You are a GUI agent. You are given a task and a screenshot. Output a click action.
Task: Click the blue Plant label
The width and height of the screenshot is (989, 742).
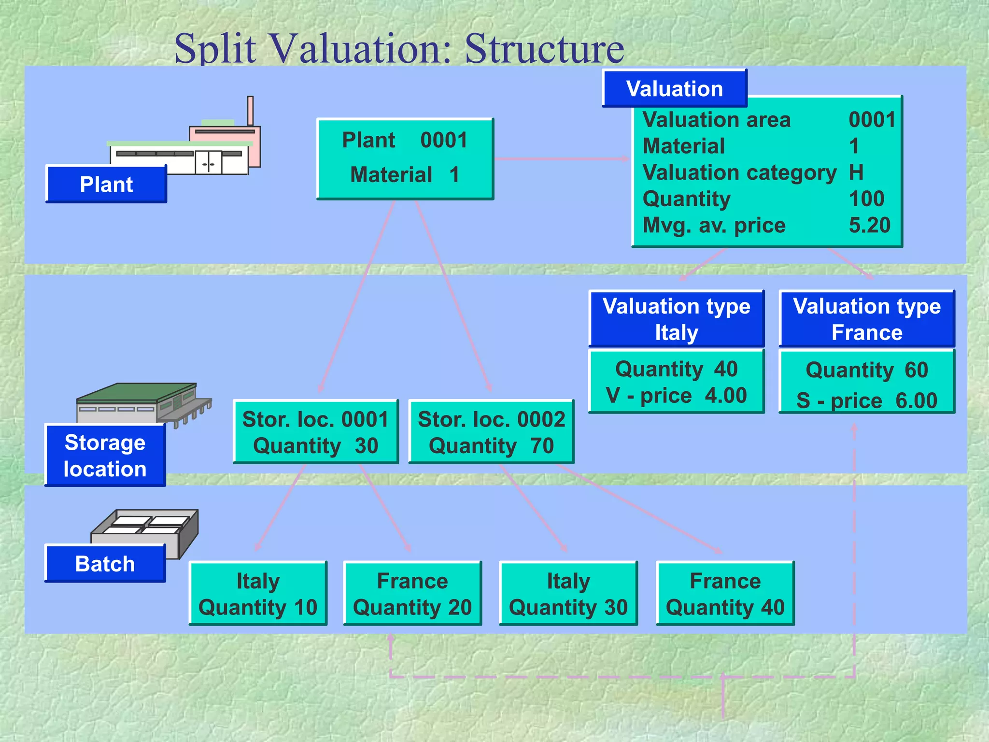(106, 185)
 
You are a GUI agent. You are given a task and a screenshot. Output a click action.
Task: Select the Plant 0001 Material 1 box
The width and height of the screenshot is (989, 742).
(405, 158)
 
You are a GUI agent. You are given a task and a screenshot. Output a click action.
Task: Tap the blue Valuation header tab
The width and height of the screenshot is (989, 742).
(674, 89)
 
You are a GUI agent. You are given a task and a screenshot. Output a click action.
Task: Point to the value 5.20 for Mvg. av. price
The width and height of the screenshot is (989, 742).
(869, 225)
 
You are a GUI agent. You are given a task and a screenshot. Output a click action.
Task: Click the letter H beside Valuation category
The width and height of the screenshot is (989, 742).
(856, 172)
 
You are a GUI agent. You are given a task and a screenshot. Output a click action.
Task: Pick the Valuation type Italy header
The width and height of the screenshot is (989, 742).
(676, 319)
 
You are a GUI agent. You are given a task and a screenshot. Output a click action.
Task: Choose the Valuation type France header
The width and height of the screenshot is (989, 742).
(867, 319)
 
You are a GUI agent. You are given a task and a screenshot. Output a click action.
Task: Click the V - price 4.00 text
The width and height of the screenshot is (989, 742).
(676, 396)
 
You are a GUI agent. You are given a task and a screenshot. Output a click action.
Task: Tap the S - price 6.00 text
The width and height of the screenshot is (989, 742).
(867, 400)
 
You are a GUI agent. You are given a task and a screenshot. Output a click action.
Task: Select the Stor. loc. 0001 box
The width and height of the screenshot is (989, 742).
(315, 432)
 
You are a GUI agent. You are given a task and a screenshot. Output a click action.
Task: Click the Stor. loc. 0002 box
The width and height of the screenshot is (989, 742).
(491, 432)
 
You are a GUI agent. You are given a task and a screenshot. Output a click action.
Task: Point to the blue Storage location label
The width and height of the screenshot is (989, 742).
(105, 456)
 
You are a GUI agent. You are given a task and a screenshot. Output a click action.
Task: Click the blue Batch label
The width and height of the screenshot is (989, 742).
(105, 564)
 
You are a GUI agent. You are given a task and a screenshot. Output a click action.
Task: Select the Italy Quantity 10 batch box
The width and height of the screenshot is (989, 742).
(258, 593)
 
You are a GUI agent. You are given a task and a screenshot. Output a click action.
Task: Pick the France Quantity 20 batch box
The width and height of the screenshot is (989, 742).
(412, 593)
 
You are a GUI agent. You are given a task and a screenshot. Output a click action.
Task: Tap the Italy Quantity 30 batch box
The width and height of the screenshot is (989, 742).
(568, 593)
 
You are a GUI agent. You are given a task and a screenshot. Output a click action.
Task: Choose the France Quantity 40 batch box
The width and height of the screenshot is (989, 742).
(725, 593)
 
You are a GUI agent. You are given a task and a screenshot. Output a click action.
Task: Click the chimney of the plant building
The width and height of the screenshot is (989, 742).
(250, 110)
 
